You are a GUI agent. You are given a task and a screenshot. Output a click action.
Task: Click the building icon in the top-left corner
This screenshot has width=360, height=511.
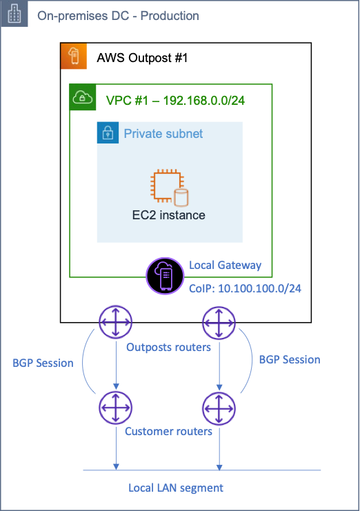click(14, 14)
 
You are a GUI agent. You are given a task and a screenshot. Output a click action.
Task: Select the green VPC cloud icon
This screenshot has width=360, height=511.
click(83, 97)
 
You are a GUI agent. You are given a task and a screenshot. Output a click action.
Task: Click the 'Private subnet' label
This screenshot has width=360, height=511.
click(163, 134)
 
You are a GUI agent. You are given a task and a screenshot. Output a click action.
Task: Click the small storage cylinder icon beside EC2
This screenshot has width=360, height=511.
click(181, 198)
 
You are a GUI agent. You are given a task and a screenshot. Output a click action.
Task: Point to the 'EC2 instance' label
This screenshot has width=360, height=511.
click(169, 215)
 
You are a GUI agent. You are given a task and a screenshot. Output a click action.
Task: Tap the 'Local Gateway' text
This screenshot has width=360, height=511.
click(225, 265)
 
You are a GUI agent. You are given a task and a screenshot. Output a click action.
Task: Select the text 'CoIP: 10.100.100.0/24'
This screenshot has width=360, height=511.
click(244, 288)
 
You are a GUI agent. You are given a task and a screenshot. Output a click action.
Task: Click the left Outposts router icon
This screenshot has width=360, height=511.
click(116, 322)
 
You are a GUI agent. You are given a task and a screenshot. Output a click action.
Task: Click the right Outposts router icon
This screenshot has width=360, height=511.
click(219, 322)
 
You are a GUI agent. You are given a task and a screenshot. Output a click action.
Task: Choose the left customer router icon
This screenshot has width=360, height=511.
click(116, 407)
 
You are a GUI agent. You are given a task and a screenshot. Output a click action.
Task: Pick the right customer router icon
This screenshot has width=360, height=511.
click(219, 407)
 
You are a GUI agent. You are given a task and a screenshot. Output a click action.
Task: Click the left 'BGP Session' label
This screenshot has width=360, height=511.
click(43, 363)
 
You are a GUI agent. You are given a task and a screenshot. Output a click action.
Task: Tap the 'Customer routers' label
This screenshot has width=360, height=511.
click(168, 432)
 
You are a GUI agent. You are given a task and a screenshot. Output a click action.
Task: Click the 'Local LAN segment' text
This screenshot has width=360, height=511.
click(176, 488)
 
